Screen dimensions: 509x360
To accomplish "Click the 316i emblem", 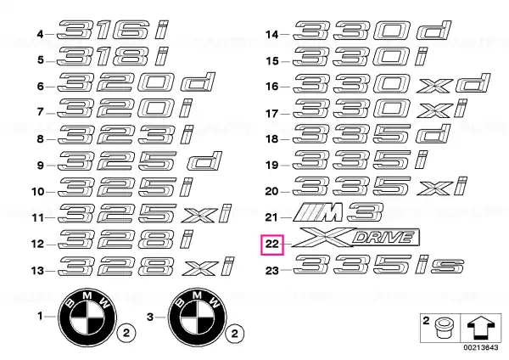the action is pyautogui.click(x=113, y=30).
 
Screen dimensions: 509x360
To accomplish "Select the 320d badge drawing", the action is pyautogui.click(x=136, y=82).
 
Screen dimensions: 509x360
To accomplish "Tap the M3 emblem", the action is pyautogui.click(x=338, y=212).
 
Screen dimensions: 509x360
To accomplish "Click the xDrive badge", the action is pyautogui.click(x=355, y=238).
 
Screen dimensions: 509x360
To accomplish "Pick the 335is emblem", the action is pyautogui.click(x=378, y=264).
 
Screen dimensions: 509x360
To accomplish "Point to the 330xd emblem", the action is pyautogui.click(x=391, y=83).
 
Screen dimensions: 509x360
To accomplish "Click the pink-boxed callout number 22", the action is pyautogui.click(x=272, y=244).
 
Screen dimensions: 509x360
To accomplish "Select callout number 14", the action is pyautogui.click(x=272, y=35).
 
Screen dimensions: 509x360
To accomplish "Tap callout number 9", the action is pyautogui.click(x=40, y=166).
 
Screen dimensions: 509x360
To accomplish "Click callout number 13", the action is pyautogui.click(x=37, y=270).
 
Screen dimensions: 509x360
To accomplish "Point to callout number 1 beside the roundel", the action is pyautogui.click(x=40, y=316).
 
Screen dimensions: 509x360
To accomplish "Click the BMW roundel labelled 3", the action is pyautogui.click(x=197, y=317).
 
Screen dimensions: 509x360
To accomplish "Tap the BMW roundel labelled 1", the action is pyautogui.click(x=87, y=317).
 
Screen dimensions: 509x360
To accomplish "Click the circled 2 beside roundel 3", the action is pyautogui.click(x=235, y=333).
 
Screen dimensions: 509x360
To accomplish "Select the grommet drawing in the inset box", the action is pyautogui.click(x=442, y=328).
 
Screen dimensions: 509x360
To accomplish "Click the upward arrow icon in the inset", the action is pyautogui.click(x=481, y=328).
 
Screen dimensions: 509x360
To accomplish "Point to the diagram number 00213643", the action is pyautogui.click(x=481, y=347).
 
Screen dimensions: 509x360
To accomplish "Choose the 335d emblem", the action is pyautogui.click(x=372, y=133).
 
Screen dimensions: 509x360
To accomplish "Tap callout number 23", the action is pyautogui.click(x=272, y=270).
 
